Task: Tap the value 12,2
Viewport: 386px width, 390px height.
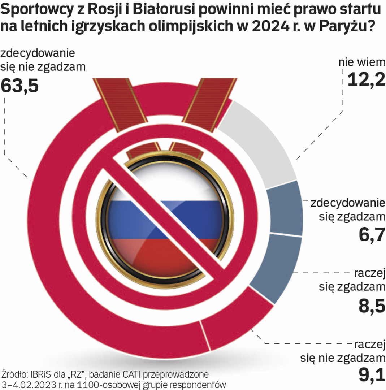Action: coord(366,79)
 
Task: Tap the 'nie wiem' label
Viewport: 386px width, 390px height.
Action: coord(361,62)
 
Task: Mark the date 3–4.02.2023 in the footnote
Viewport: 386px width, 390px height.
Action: coord(26,384)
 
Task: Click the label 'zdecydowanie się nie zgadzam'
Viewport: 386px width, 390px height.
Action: coord(43,60)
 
